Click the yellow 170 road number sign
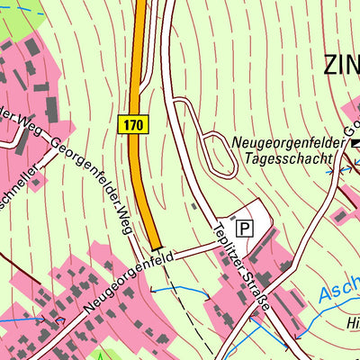(x=132, y=123)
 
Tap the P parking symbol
(x=244, y=229)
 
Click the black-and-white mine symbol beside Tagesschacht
(x=355, y=144)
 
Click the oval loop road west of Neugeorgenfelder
(x=213, y=153)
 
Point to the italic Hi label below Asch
(x=352, y=322)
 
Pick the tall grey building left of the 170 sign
(x=52, y=107)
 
